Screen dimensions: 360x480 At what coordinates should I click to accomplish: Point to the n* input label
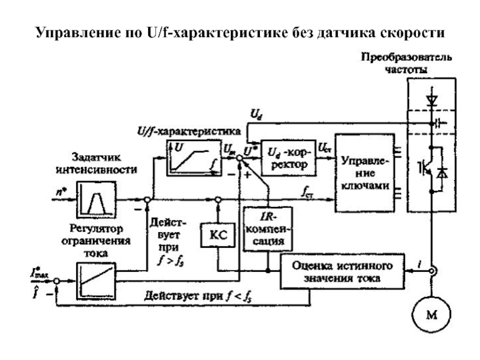[58, 194]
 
